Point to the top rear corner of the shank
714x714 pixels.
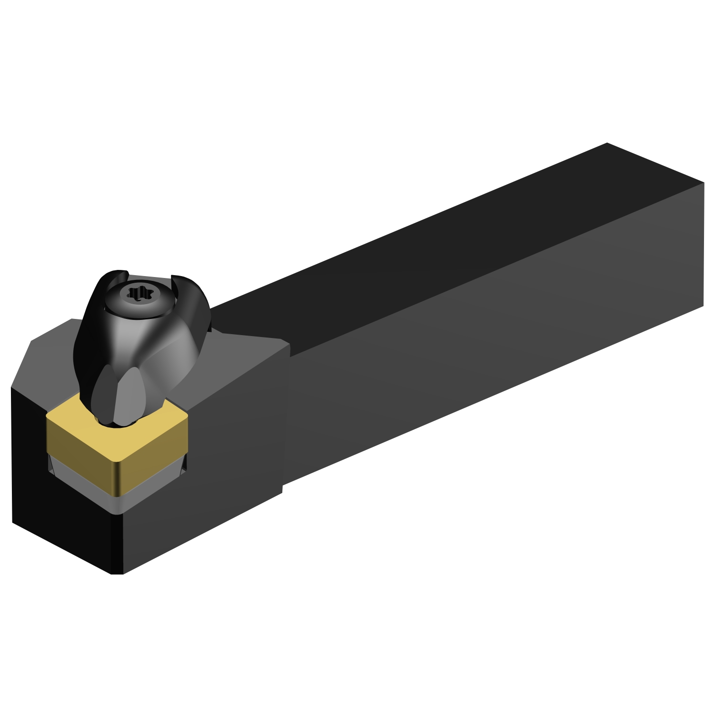tap(607, 143)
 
